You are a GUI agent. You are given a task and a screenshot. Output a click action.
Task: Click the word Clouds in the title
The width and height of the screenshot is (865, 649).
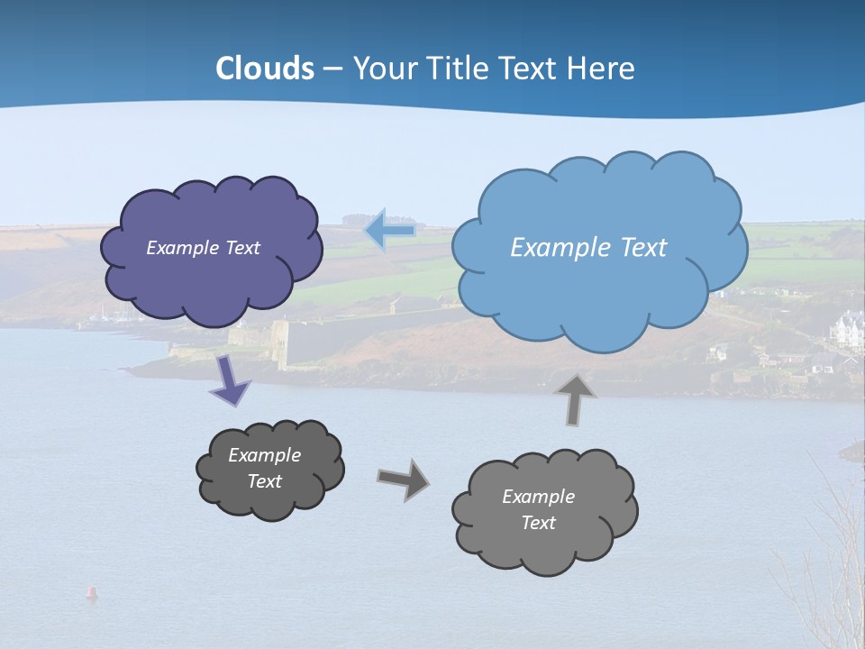pos(265,69)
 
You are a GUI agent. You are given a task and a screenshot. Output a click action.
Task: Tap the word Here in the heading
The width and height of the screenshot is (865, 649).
pos(602,69)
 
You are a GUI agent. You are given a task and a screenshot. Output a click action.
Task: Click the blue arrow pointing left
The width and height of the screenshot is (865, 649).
pos(390,231)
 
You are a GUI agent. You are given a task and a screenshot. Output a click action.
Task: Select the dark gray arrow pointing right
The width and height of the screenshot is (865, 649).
pos(403,480)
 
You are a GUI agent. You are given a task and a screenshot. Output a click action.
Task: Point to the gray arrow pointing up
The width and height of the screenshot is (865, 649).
pos(577,398)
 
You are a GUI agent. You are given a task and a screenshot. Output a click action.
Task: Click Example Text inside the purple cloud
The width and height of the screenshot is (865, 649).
pos(203,248)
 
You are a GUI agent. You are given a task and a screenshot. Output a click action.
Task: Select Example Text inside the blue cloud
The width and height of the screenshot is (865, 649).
pos(588,248)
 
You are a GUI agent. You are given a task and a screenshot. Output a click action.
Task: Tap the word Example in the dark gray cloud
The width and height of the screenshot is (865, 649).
pos(264,455)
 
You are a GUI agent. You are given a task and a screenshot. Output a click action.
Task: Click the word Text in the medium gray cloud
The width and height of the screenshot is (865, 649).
pos(538,523)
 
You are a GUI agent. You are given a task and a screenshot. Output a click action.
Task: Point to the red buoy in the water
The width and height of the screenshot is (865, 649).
pos(91,592)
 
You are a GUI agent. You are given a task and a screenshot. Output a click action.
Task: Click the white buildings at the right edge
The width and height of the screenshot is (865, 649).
pos(849,329)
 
